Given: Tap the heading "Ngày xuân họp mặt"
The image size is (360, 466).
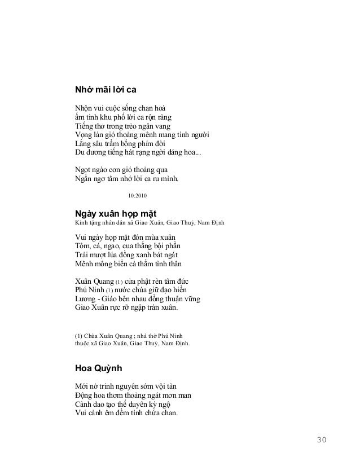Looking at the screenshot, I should pyautogui.click(x=116, y=214).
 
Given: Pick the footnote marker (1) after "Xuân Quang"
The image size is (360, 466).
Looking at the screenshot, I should pyautogui.click(x=122, y=282).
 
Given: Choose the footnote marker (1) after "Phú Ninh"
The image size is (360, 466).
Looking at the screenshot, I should pyautogui.click(x=112, y=291).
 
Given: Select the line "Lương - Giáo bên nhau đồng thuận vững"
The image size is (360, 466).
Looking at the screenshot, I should pyautogui.click(x=137, y=299).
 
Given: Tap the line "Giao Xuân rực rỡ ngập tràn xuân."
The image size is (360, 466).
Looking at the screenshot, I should pyautogui.click(x=126, y=308).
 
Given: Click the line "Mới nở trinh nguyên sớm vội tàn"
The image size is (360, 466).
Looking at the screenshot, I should pyautogui.click(x=126, y=386).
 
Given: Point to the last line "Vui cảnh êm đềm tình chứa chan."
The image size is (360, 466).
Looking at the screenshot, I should pyautogui.click(x=126, y=414).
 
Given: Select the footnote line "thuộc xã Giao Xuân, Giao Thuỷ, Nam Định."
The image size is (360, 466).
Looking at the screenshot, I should pyautogui.click(x=133, y=342).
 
